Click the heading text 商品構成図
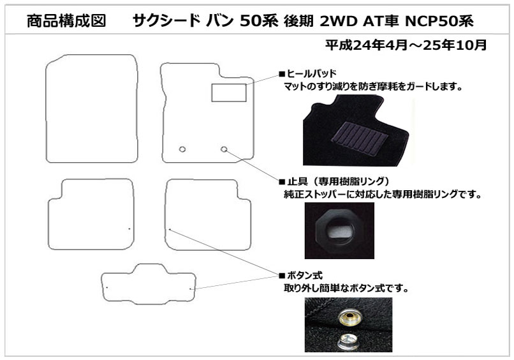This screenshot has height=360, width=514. click(x=62, y=21)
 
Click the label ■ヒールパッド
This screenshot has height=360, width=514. click(x=307, y=73)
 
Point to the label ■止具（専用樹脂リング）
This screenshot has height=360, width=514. click(x=334, y=181)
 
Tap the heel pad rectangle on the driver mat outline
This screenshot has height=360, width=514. click(x=228, y=93)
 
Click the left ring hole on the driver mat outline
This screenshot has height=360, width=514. click(x=182, y=149)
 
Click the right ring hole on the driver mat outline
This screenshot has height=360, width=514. click(x=224, y=149)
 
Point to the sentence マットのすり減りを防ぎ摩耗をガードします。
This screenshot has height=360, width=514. click(x=372, y=86)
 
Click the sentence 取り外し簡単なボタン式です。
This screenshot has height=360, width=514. click(x=346, y=289)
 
